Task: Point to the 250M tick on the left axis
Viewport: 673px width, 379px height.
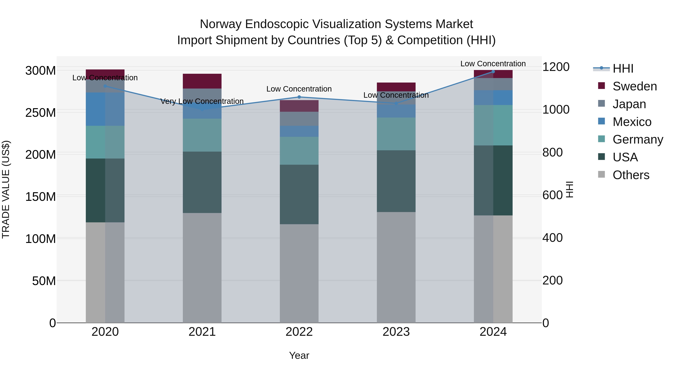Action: click(41, 113)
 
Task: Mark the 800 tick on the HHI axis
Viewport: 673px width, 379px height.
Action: click(552, 153)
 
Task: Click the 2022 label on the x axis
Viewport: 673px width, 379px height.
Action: click(299, 332)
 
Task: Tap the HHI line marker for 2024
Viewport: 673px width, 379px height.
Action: click(493, 72)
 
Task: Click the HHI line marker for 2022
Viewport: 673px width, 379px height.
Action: click(299, 97)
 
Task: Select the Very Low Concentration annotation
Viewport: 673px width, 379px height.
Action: click(202, 101)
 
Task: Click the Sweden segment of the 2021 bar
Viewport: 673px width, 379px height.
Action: click(202, 81)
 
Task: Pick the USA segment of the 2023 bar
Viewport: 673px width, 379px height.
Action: click(396, 181)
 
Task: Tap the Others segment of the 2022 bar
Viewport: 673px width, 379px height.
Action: click(299, 273)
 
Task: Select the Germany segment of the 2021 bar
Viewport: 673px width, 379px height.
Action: click(202, 135)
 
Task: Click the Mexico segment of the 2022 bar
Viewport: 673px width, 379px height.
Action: click(299, 131)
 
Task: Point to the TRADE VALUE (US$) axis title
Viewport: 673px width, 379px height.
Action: click(6, 189)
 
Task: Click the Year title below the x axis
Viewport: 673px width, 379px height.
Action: click(299, 355)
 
